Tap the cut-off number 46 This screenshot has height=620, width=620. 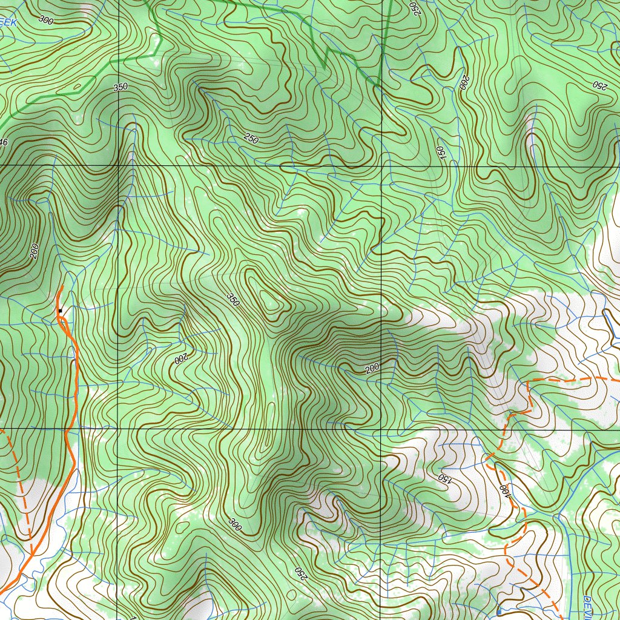click(x=4, y=142)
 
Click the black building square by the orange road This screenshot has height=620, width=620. click(x=60, y=311)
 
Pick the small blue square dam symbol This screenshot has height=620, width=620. click(x=498, y=612)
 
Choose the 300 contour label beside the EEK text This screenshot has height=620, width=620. click(x=45, y=18)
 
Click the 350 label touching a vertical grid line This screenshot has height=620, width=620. click(x=120, y=87)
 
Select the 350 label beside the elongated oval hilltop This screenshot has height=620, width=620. click(x=232, y=299)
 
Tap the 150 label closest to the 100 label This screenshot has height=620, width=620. click(x=445, y=478)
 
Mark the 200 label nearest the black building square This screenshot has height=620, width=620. click(x=35, y=251)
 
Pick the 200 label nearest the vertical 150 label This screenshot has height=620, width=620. click(x=464, y=83)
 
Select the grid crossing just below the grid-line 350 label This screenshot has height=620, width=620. click(x=118, y=165)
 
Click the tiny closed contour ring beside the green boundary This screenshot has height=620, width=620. click(x=77, y=87)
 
